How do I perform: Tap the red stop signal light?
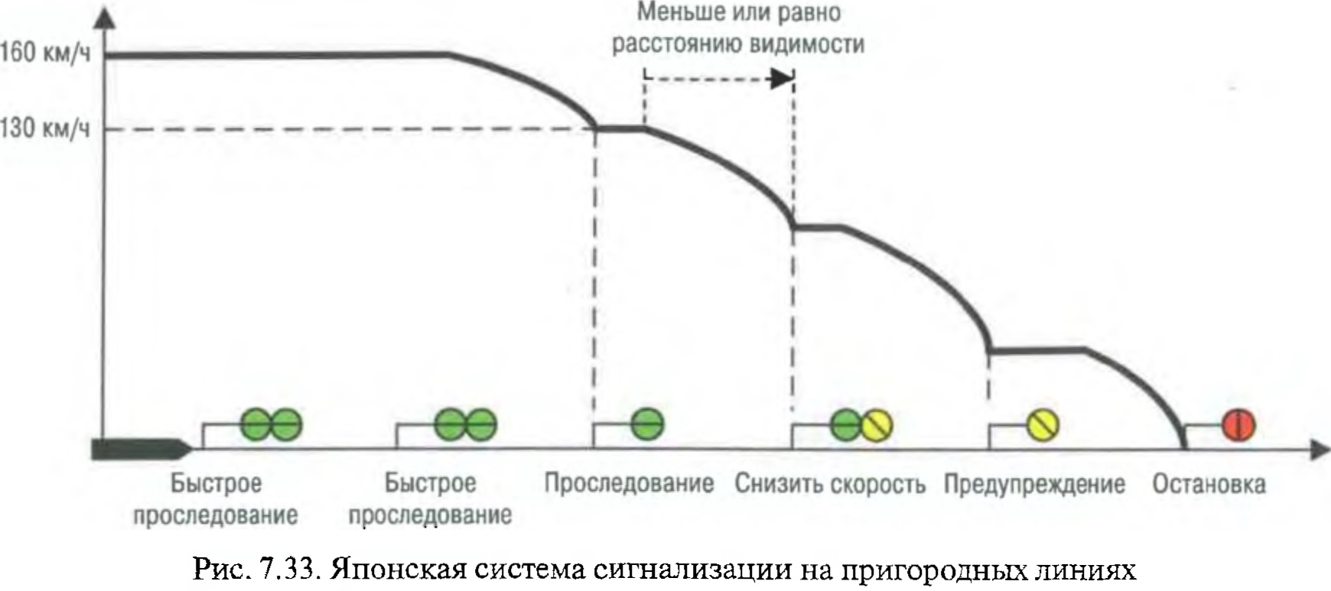[1238, 424]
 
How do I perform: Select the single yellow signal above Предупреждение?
[1042, 425]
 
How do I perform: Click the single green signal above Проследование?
[648, 424]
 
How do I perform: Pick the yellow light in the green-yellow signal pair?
[877, 425]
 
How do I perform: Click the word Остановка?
[1209, 484]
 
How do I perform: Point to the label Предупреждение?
[1034, 484]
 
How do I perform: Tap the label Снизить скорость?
[830, 484]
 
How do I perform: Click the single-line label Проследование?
[629, 483]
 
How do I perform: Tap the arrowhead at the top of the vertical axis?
[104, 19]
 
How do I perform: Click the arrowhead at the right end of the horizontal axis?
[1320, 450]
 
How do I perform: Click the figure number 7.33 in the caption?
[290, 570]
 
